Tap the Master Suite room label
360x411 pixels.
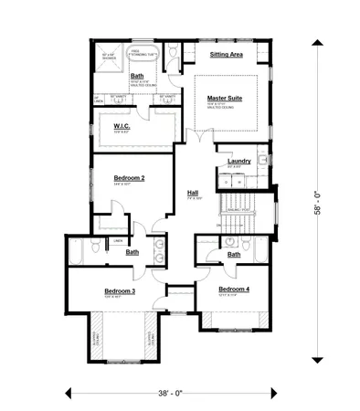tap(222, 97)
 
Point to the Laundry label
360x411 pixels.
tap(239, 161)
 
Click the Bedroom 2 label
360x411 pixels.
tap(129, 178)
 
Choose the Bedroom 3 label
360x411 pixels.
tap(119, 290)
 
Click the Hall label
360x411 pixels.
tap(193, 193)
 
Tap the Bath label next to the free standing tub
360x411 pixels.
tap(136, 76)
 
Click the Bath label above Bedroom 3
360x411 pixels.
tap(132, 251)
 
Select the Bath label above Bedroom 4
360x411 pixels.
tap(234, 254)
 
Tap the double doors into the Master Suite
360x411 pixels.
tap(193, 135)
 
